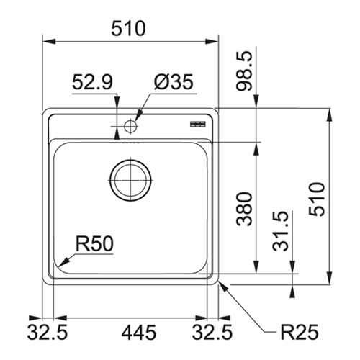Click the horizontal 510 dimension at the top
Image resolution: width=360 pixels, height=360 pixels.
(x=128, y=28)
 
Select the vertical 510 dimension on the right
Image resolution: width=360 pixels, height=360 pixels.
(x=317, y=199)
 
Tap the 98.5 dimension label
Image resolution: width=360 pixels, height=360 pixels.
(x=244, y=71)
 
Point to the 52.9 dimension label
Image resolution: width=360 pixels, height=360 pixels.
(x=92, y=82)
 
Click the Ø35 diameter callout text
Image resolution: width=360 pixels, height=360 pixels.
(x=174, y=82)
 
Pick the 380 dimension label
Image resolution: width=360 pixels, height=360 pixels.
(x=244, y=209)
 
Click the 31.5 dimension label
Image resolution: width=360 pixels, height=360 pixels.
(x=280, y=231)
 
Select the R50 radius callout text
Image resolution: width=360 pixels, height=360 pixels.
(x=94, y=243)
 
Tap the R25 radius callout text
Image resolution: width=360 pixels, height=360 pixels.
(x=300, y=332)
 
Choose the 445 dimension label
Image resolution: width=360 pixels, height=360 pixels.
(x=139, y=333)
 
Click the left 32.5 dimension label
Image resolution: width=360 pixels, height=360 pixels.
(x=48, y=333)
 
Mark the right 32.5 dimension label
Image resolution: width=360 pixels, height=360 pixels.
(x=212, y=333)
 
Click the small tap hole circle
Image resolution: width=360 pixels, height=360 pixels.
(x=130, y=126)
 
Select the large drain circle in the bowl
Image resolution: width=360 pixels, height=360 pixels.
(x=130, y=180)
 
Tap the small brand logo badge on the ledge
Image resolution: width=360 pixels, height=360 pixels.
(x=198, y=124)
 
